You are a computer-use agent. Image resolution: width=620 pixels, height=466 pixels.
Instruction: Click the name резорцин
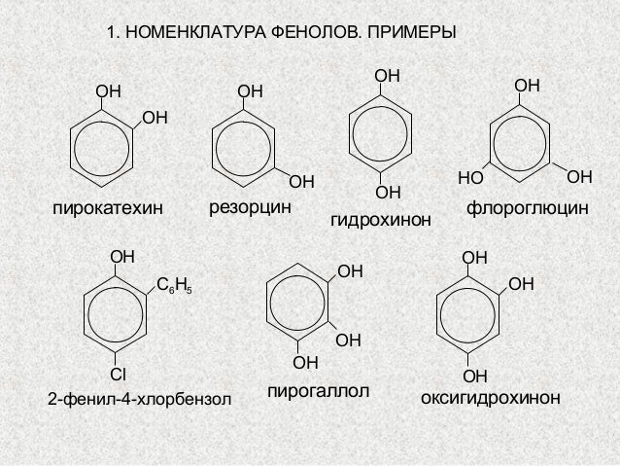pyautogui.click(x=251, y=206)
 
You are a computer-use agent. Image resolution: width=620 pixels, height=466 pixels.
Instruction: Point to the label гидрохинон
pyautogui.click(x=380, y=224)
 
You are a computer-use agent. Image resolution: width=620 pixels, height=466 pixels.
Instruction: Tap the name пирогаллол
pyautogui.click(x=317, y=391)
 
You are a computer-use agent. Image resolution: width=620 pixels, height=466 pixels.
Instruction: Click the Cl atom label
pyautogui.click(x=118, y=375)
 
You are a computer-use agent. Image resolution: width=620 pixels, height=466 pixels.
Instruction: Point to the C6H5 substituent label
pyautogui.click(x=175, y=285)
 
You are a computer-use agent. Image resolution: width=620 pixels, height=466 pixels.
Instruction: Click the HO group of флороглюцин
pyautogui.click(x=470, y=179)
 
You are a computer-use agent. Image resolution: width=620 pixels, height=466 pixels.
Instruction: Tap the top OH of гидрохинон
pyautogui.click(x=387, y=76)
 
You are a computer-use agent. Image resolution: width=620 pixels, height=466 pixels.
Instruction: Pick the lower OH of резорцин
pyautogui.click(x=302, y=181)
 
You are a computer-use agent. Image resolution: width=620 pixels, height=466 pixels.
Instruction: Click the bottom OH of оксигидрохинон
pyautogui.click(x=474, y=376)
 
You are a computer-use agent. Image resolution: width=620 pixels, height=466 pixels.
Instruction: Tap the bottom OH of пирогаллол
pyautogui.click(x=305, y=363)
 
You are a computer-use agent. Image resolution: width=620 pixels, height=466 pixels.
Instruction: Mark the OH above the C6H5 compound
pyautogui.click(x=121, y=257)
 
